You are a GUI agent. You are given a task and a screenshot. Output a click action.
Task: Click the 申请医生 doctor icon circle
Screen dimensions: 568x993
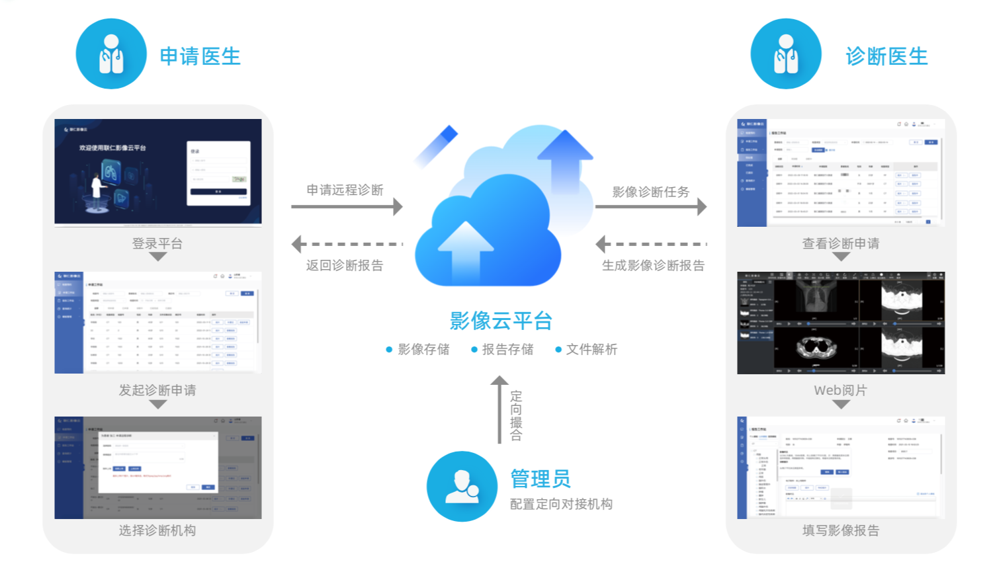point(111,54)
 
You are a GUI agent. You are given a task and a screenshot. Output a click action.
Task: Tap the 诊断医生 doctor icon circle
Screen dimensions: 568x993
point(786,54)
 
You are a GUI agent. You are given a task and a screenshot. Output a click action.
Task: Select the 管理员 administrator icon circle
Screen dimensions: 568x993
point(462,487)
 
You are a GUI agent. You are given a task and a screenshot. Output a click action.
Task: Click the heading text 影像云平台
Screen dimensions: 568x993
point(501,321)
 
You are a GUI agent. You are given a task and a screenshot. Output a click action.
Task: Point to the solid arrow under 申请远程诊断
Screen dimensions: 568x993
point(347,206)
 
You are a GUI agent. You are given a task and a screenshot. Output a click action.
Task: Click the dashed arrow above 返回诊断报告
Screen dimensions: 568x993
point(347,244)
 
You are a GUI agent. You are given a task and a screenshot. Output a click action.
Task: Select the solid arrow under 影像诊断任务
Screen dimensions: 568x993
point(651,206)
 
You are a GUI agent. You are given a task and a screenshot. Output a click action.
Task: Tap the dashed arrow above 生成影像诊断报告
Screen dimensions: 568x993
point(651,244)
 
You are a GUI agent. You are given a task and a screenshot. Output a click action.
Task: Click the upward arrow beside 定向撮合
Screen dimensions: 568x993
point(499,409)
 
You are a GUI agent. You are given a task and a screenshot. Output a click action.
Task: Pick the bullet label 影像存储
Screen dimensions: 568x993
point(423,349)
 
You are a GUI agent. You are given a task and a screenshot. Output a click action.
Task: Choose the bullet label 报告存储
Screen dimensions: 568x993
point(507,349)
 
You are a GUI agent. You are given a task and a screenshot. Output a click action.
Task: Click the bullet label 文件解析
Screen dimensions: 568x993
point(591,349)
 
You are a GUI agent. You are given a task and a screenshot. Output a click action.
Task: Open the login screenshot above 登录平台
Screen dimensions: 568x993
point(158,172)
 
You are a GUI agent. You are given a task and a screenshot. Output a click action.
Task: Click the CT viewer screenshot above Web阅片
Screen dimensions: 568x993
point(841,323)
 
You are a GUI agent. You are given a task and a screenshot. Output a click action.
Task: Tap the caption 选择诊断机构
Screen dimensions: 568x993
point(157,530)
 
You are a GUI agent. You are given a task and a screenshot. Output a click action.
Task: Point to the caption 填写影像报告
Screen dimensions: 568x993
point(841,530)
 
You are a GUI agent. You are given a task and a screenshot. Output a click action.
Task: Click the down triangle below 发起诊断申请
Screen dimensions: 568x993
point(158,404)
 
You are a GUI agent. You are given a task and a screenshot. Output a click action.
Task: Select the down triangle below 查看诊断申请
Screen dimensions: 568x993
point(841,257)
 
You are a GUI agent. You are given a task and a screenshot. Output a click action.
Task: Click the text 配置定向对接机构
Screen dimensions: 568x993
point(561,504)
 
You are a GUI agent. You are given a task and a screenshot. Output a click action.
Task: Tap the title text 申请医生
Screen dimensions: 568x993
point(200,56)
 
